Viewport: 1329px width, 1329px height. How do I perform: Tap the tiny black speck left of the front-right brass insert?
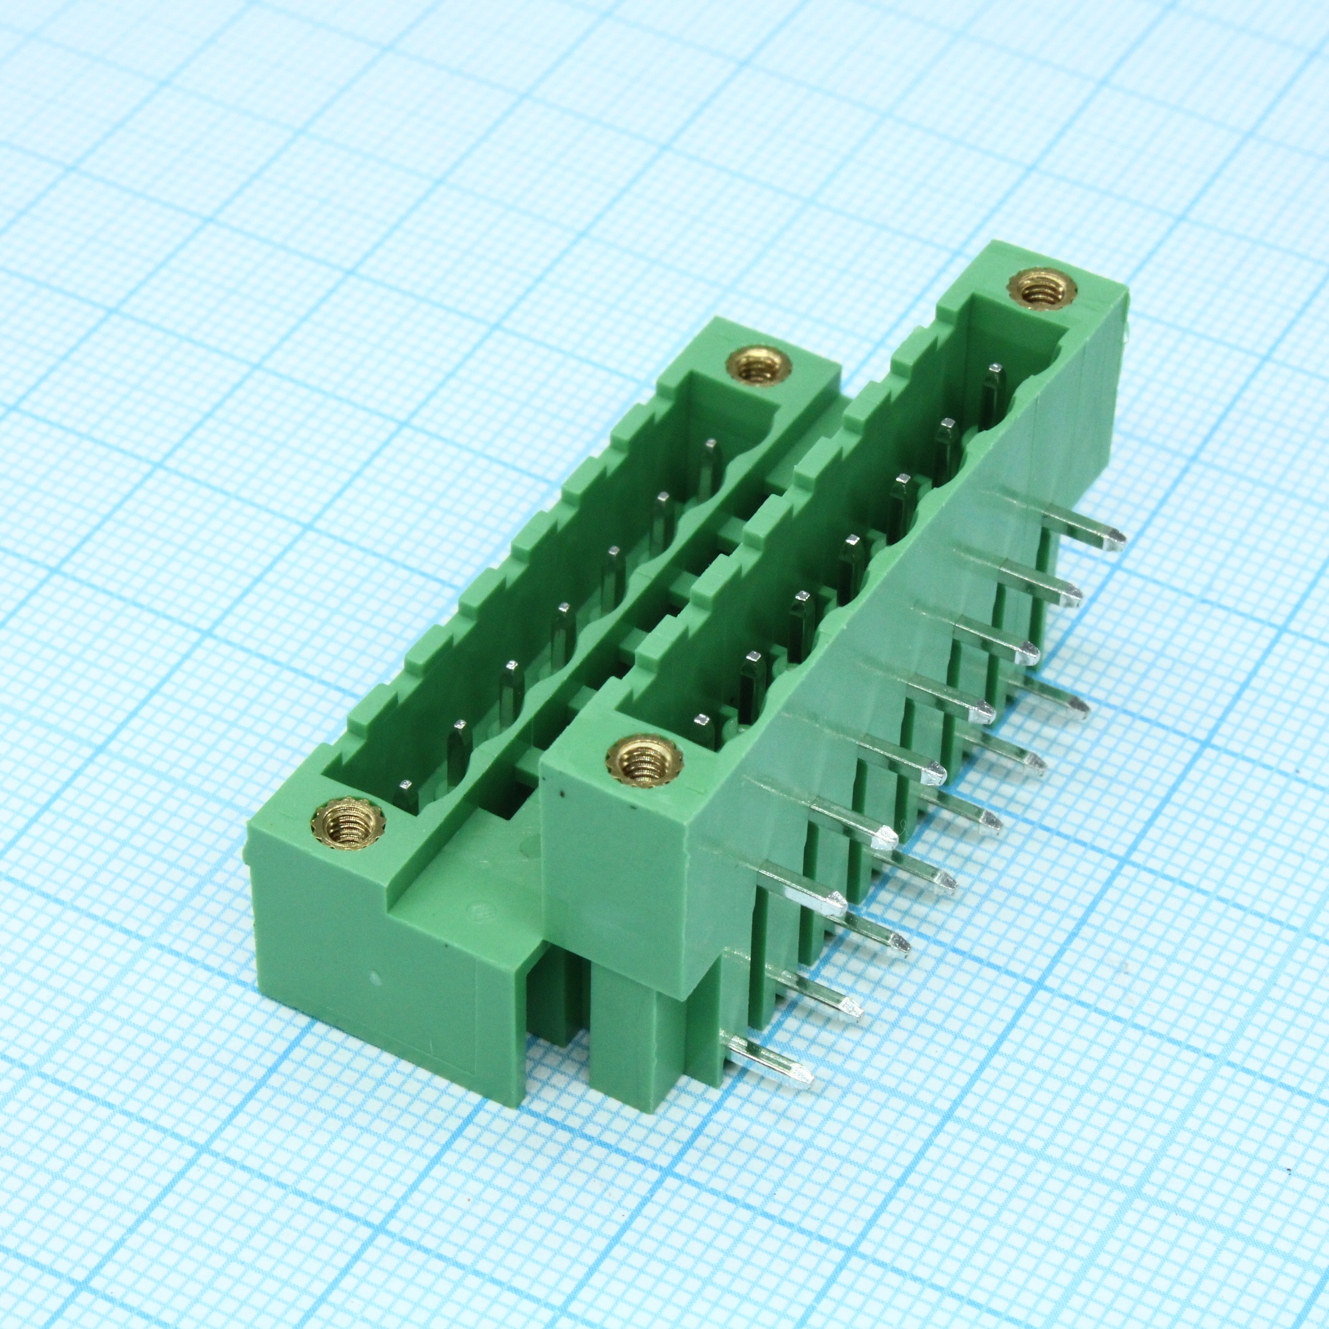tap(563, 797)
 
